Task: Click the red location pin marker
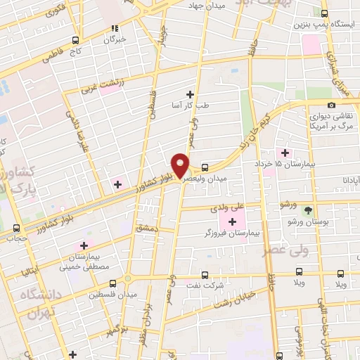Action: (181, 165)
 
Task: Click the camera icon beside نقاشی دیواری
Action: (332, 105)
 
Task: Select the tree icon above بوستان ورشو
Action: (307, 210)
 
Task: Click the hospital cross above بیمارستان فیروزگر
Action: (232, 222)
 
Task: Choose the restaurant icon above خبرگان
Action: (114, 29)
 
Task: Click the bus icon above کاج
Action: (75, 41)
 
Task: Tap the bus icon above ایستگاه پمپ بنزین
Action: (324, 13)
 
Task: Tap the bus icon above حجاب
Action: (16, 228)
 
